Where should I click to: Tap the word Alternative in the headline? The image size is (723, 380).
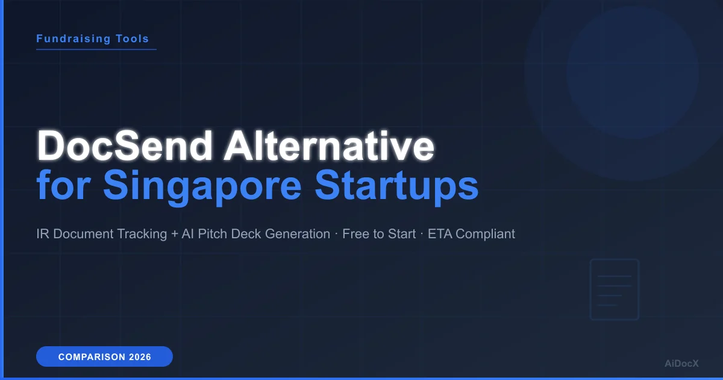[x=328, y=147]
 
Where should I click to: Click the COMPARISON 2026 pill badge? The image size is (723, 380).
[x=104, y=357]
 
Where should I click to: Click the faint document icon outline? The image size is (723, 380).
[x=614, y=290]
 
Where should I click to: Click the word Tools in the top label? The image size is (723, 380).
[x=133, y=39]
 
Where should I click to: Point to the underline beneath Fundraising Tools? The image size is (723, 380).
[x=96, y=49]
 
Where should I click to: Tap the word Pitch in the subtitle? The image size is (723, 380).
[x=213, y=234]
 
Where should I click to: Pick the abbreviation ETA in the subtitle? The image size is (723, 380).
[x=440, y=234]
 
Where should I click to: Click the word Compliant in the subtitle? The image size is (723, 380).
[x=486, y=234]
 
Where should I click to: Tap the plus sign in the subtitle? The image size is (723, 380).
[x=175, y=234]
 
